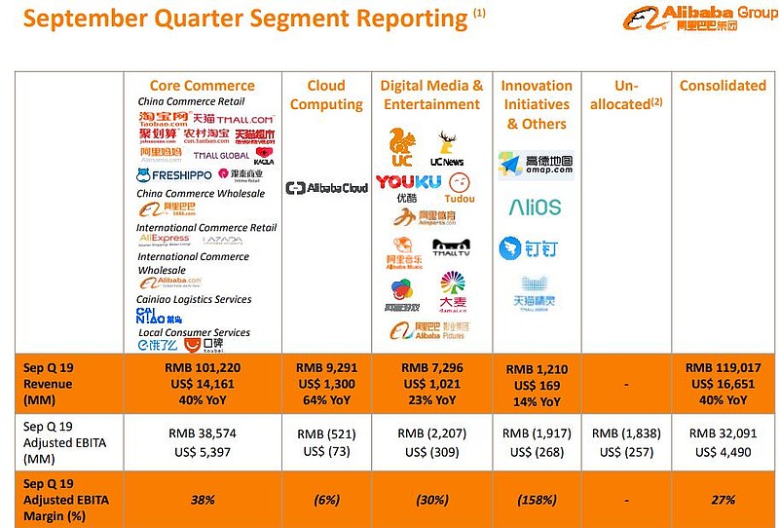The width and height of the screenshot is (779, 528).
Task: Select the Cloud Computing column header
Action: click(x=326, y=95)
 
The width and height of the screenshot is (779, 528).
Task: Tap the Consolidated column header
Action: click(x=723, y=86)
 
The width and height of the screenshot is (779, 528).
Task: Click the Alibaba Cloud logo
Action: click(x=326, y=187)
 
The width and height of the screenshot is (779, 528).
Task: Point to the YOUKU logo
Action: click(x=408, y=182)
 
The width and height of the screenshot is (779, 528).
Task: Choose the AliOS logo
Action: click(x=535, y=207)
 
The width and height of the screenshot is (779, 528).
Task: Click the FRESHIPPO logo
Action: click(x=175, y=175)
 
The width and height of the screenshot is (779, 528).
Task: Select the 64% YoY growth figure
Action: click(x=326, y=400)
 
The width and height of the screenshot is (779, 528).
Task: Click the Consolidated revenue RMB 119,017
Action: click(x=723, y=368)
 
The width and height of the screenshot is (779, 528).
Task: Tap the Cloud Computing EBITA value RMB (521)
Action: click(x=326, y=434)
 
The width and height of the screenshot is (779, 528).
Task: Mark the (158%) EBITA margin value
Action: click(x=536, y=500)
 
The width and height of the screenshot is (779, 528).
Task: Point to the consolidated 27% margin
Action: click(x=723, y=500)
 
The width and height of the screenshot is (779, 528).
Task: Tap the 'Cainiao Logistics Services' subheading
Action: click(x=195, y=300)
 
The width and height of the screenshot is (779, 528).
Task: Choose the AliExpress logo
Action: click(x=165, y=239)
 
